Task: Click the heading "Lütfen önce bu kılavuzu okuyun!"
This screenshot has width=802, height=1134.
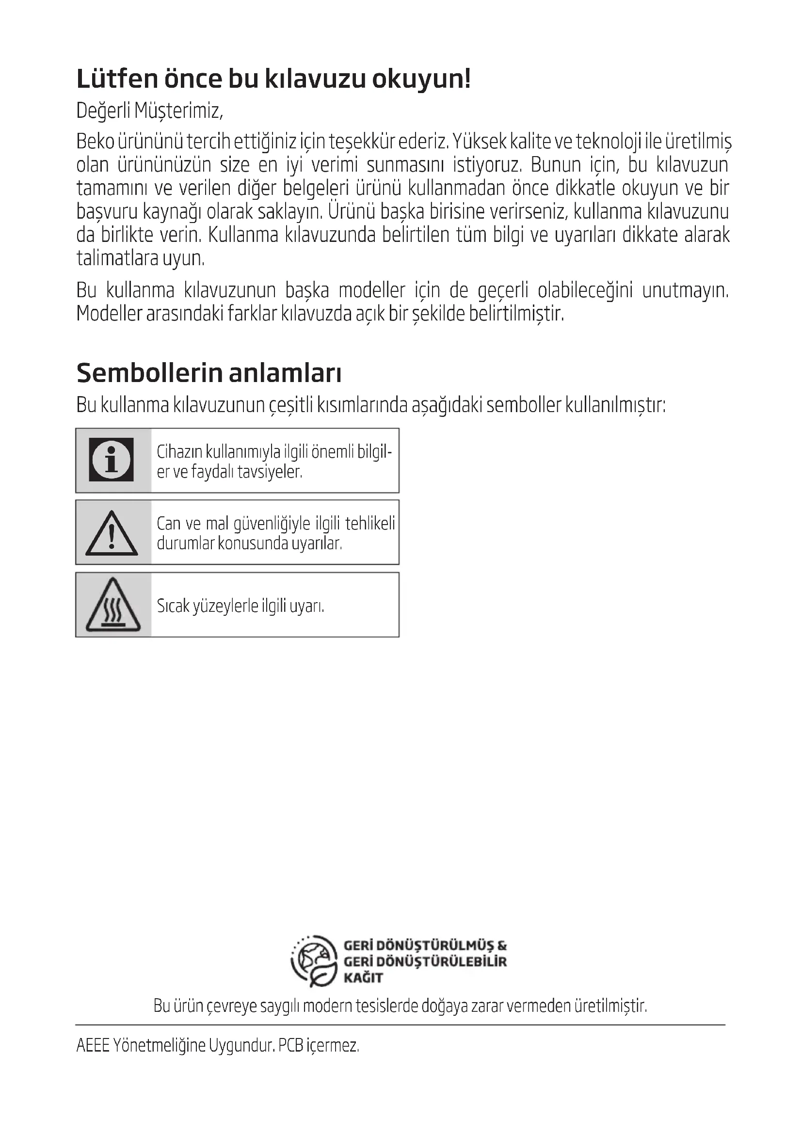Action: pos(273,79)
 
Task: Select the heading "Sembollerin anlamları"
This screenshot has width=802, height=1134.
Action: pos(209,373)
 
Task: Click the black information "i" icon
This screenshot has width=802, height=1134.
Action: pos(112,460)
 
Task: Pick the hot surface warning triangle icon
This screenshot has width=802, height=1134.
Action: pos(113,605)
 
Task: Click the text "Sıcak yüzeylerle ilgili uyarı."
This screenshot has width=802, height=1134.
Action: pos(241,606)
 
